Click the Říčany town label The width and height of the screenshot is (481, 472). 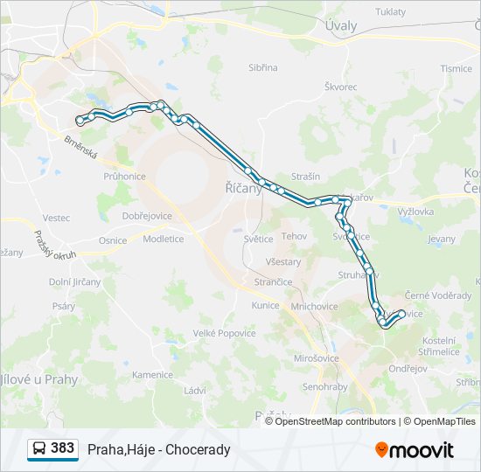tap(244, 188)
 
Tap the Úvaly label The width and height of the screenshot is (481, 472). tap(341, 25)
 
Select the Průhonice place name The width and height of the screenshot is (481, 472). tap(124, 176)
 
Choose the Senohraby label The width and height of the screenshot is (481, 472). tap(324, 385)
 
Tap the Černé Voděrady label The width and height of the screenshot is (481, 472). tap(438, 295)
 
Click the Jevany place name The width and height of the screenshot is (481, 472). tap(442, 238)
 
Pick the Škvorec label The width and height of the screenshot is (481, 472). tap(341, 87)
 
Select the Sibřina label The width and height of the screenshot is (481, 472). tap(262, 67)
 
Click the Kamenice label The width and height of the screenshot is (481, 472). tap(152, 375)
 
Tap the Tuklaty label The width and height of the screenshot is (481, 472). tap(390, 12)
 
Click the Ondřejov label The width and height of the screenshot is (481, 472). tap(408, 368)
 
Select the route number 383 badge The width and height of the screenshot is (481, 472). tap(62, 448)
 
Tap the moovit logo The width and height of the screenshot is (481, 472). tap(415, 449)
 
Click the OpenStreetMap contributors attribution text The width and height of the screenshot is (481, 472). tap(331, 421)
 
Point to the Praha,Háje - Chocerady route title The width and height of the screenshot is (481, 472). tap(158, 449)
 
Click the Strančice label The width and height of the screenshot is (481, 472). tap(273, 282)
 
